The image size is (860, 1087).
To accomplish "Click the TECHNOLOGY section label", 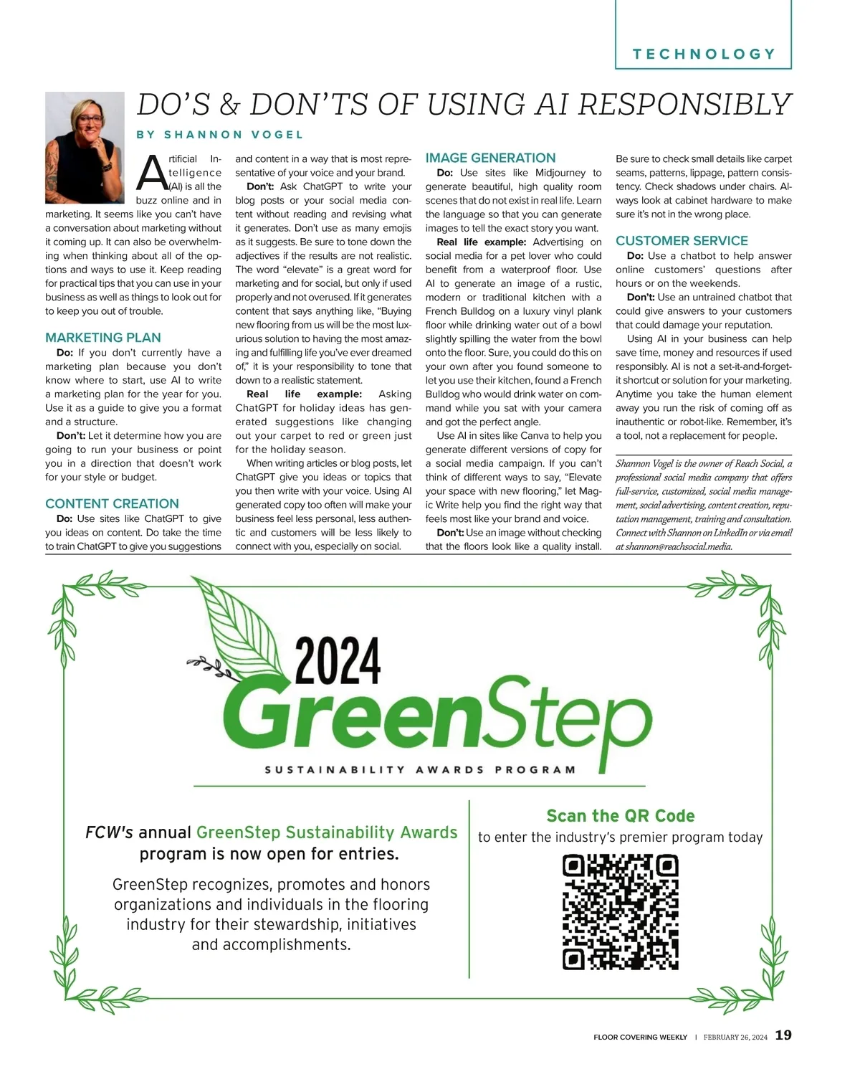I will point(704,54).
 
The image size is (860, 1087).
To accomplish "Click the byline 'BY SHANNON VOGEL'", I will point(220,135).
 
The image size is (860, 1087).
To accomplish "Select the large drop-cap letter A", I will point(151,173).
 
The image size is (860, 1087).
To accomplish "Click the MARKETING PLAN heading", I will point(103,338).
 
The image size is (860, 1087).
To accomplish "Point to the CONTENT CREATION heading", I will point(112,503).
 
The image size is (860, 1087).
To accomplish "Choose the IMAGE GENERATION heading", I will point(490,158).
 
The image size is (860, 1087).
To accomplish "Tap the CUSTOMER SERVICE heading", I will point(682,241).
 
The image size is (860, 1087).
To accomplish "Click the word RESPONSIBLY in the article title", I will point(684,105).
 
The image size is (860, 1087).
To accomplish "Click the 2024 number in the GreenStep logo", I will point(338,660).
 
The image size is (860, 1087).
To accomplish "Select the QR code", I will point(621,911).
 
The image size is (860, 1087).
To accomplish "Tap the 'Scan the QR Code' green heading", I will point(620,816).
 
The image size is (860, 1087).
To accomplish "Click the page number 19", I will point(783,1035).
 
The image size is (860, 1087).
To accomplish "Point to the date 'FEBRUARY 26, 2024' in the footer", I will point(735,1037).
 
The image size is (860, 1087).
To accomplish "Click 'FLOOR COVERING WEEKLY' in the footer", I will point(640,1037).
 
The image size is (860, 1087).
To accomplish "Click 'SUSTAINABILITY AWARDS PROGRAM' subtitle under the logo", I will point(420,769).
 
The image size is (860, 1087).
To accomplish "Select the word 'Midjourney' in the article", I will point(560,173).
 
